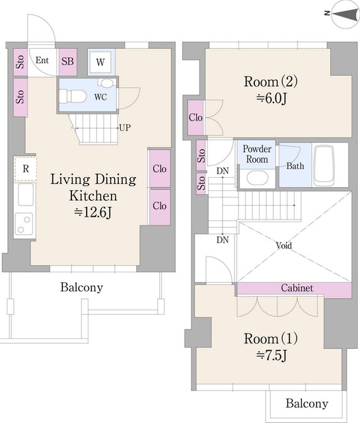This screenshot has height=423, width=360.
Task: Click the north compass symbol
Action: (345, 14)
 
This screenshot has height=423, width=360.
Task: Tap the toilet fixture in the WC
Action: (72, 96)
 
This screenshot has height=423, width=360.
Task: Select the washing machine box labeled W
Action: (100, 62)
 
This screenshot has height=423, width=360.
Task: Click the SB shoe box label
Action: (67, 61)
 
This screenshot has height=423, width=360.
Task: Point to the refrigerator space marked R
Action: (25, 169)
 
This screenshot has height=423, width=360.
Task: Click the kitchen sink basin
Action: (26, 194)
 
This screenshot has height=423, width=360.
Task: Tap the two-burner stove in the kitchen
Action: (24, 223)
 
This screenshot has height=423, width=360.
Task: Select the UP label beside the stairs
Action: (125, 128)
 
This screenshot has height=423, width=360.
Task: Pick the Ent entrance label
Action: (42, 60)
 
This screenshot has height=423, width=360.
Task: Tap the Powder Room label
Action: (257, 154)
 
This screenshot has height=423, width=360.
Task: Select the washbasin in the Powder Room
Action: (257, 178)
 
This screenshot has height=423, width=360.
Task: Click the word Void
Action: (283, 245)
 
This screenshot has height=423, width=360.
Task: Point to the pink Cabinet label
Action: (297, 288)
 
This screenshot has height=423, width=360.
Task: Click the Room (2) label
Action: (270, 81)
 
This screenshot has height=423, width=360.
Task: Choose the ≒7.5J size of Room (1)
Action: (271, 356)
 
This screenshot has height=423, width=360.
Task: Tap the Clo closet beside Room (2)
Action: (196, 118)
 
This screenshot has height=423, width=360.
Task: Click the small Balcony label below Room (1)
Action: (307, 404)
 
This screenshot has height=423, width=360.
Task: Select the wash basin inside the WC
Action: (107, 83)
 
